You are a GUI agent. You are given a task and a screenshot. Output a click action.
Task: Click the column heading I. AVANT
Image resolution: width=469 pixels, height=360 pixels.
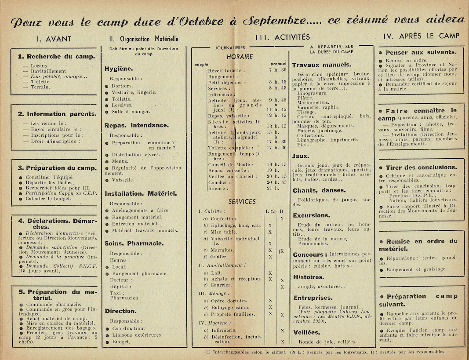(53, 39)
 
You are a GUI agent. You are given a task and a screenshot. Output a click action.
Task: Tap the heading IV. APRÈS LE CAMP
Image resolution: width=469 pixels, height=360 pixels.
(421, 36)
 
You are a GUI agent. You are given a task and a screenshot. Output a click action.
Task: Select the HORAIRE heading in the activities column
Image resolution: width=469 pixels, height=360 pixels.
(240, 57)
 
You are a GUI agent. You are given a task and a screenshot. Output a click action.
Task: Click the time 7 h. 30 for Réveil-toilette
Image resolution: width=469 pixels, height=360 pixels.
(277, 70)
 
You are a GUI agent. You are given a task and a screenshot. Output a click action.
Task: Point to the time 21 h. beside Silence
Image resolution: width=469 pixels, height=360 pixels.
(274, 188)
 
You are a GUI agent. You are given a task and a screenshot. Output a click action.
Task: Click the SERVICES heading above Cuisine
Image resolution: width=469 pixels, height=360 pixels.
(242, 202)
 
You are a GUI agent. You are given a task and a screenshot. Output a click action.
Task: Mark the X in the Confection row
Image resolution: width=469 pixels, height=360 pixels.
(282, 218)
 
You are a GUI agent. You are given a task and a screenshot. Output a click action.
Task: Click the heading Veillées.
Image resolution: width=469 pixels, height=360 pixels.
(306, 332)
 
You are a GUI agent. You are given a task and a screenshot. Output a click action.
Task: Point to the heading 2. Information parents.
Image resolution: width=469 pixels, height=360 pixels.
(57, 114)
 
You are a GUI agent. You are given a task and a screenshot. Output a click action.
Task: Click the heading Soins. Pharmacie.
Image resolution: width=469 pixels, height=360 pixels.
(134, 243)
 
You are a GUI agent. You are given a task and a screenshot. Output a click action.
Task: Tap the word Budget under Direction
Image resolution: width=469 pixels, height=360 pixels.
(121, 342)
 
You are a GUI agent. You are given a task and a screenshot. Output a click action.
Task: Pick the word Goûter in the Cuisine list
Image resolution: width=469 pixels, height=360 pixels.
(219, 257)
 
